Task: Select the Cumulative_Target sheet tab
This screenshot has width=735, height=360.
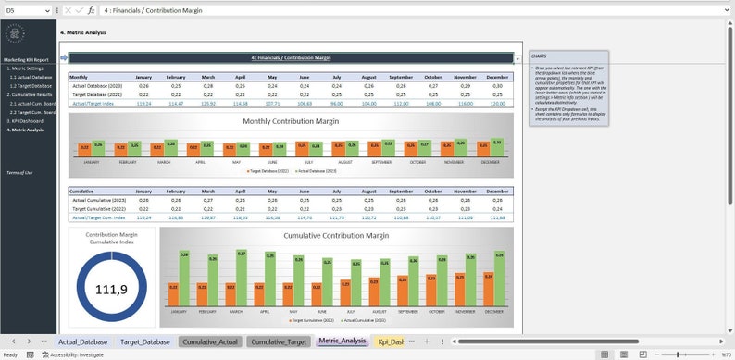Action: [279, 341]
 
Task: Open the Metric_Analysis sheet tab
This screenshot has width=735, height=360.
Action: [342, 341]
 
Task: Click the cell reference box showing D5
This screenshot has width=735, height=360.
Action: [23, 9]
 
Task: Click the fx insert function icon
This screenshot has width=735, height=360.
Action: [91, 9]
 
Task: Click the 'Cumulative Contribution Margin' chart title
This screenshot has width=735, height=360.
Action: [335, 236]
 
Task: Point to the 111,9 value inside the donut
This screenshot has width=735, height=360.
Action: [111, 290]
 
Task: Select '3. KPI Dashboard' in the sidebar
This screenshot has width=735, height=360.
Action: [25, 121]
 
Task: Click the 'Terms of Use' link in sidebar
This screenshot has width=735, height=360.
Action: [19, 173]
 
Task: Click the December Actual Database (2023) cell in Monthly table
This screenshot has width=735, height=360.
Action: [497, 85]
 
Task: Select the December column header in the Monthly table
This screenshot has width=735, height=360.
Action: [497, 77]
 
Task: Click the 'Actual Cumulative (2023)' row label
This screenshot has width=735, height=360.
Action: [97, 199]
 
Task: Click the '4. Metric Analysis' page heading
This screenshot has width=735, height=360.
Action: [83, 32]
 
